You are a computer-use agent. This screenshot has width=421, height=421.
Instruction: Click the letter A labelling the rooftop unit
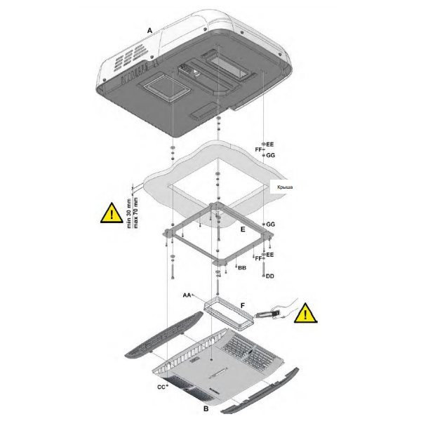pos(149,29)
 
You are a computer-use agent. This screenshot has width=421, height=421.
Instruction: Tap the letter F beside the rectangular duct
pos(243,307)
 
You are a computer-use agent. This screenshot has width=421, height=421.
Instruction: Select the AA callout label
pos(187,296)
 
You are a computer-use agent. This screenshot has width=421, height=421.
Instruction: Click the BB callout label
pos(241,268)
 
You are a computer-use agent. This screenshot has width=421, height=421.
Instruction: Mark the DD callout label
pos(270,276)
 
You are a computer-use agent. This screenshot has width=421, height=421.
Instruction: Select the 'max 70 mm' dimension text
pos(135,213)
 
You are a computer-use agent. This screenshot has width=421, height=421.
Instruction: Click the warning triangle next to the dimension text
pos(109,213)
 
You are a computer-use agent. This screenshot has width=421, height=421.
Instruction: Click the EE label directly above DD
pos(270,254)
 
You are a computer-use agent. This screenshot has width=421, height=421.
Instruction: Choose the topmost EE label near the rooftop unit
pos(270,143)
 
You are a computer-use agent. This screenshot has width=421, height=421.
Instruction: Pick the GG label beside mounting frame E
pos(270,224)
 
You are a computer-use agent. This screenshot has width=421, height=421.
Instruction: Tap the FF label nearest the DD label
pos(259,258)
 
